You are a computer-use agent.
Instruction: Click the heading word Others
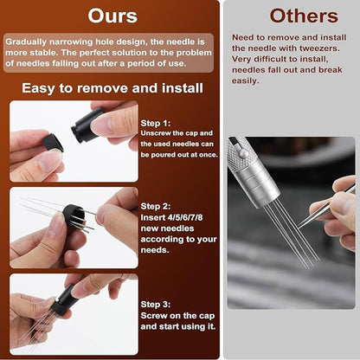[x=292, y=16]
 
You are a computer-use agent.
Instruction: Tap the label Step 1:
[x=157, y=123]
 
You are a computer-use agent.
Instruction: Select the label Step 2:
[x=157, y=207]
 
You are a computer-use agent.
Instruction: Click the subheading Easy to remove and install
[x=112, y=88]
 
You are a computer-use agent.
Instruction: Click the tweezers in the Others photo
[x=329, y=202]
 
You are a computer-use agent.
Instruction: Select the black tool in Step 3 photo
[x=64, y=298]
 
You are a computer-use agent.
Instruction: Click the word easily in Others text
[x=246, y=80]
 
